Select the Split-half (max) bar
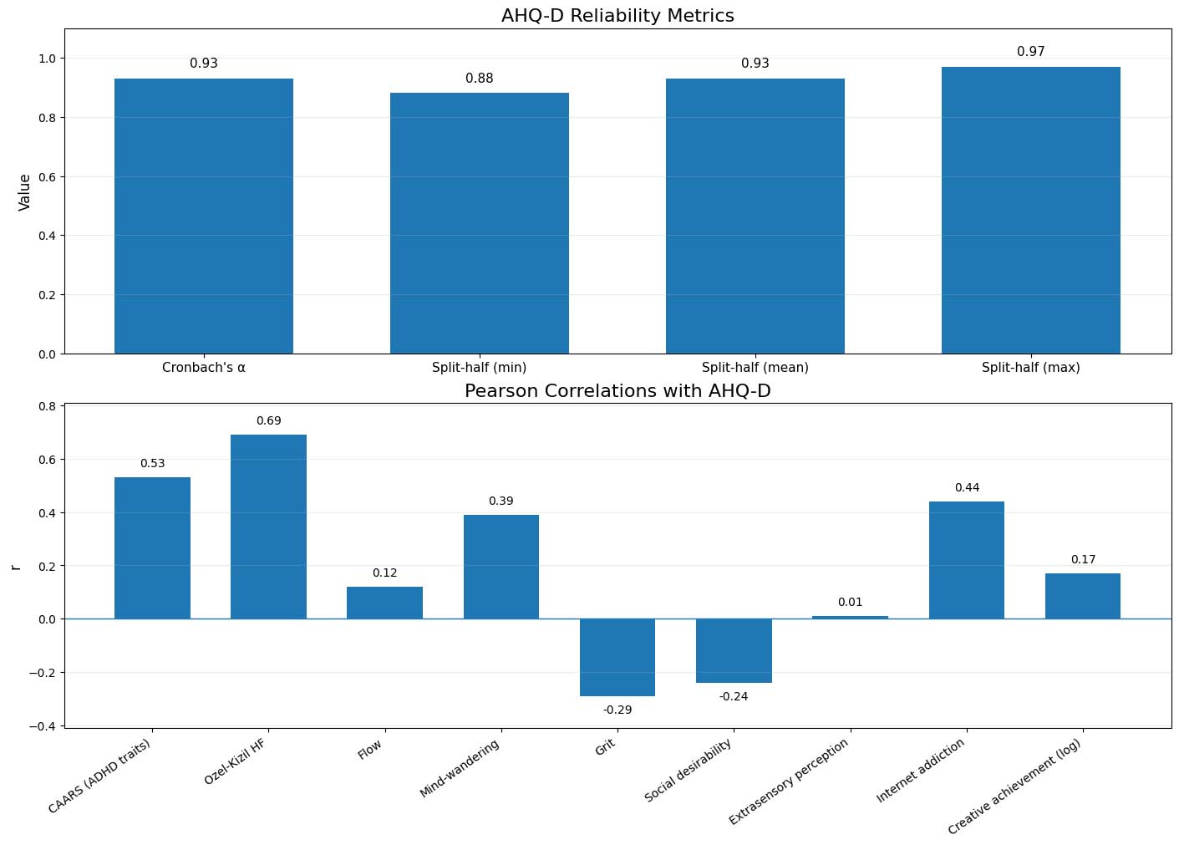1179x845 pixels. (x=1030, y=210)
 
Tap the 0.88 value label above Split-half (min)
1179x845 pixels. (x=480, y=79)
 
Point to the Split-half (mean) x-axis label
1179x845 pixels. (x=755, y=367)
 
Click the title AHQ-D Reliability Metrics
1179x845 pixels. (x=617, y=16)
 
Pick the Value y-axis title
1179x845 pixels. (x=25, y=191)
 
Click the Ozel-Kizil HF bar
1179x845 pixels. (x=268, y=527)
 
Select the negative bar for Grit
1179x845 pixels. (x=617, y=657)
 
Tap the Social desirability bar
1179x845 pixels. (x=734, y=650)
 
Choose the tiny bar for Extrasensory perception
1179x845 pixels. (x=850, y=617)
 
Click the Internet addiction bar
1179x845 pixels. (x=966, y=560)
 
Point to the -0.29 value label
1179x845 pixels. (x=617, y=710)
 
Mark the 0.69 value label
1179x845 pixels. (x=268, y=420)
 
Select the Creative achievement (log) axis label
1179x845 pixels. (x=1014, y=786)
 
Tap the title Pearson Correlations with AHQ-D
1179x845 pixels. (x=617, y=391)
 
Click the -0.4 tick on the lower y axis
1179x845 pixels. (x=41, y=725)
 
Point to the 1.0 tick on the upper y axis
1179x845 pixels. (x=46, y=59)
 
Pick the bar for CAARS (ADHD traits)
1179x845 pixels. (x=152, y=547)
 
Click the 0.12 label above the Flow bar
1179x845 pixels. (x=384, y=573)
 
